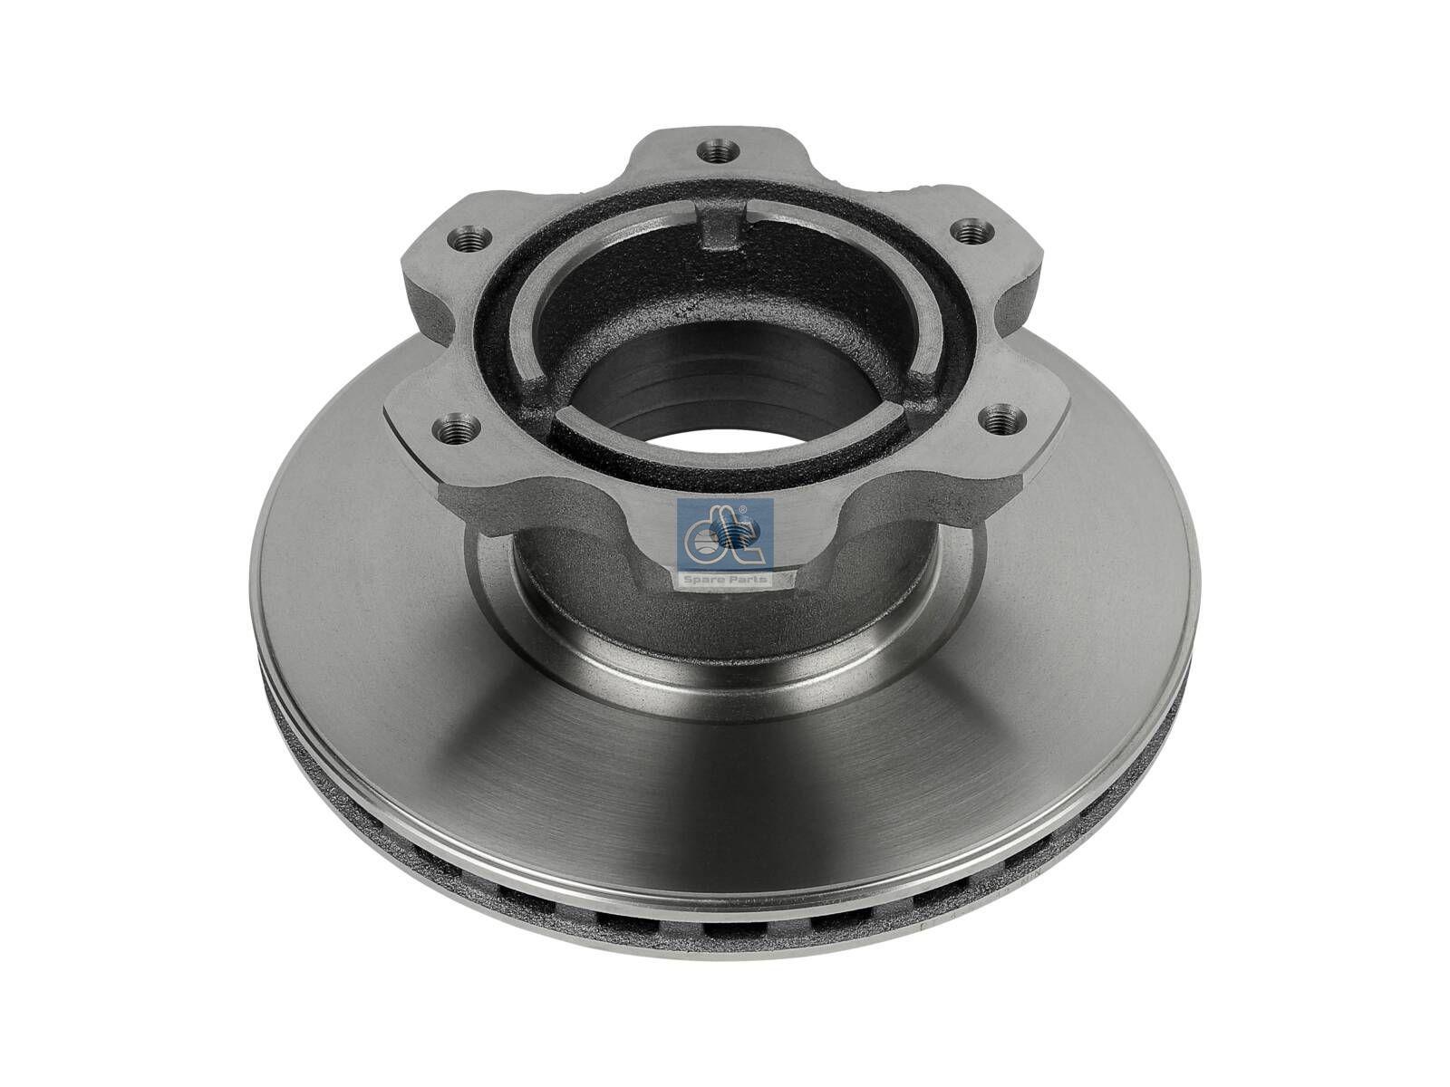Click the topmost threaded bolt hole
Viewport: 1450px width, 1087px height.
coord(717,147)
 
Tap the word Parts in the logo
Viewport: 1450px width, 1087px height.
coord(749,578)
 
